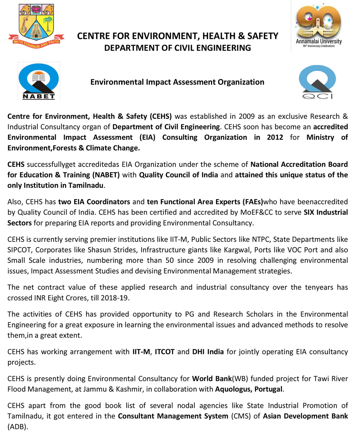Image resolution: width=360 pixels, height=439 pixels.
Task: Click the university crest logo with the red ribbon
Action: [36, 25]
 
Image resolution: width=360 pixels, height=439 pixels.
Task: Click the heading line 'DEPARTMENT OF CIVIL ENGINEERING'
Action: [177, 48]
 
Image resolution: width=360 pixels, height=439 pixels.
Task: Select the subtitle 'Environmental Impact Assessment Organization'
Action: [177, 82]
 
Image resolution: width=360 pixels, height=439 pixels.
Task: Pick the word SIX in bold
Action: [311, 212]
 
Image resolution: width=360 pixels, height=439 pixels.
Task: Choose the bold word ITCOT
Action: [165, 351]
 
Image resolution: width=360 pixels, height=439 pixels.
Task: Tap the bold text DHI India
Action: [208, 351]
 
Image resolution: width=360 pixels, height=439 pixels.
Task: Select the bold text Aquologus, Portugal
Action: [249, 389]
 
